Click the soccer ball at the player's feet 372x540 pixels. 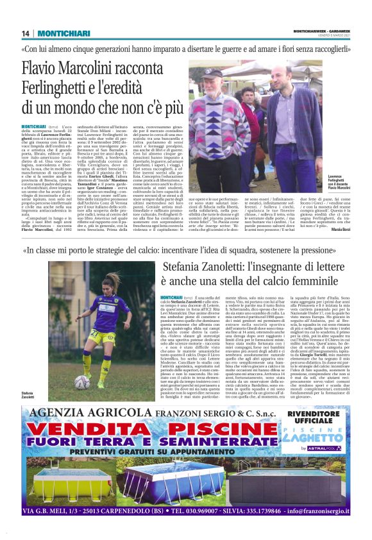tap(82, 383)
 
